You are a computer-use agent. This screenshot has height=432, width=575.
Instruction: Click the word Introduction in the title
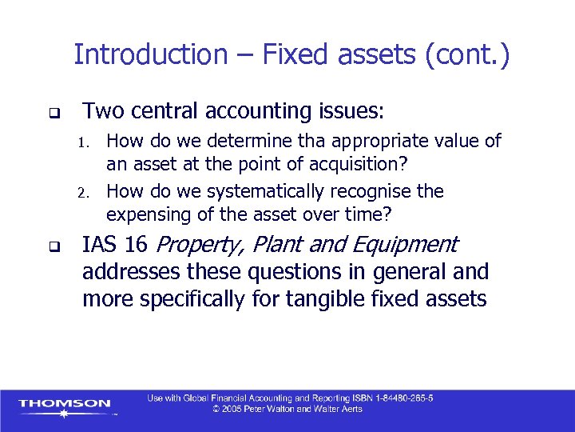click(150, 55)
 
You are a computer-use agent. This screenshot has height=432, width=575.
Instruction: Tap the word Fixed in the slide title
click(291, 55)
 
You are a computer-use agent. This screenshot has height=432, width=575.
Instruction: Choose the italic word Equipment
click(413, 245)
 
